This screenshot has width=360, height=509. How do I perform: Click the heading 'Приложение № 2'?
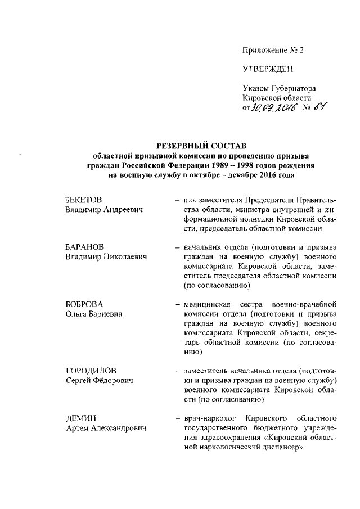[x=272, y=50]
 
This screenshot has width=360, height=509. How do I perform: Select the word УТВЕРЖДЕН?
[x=268, y=70]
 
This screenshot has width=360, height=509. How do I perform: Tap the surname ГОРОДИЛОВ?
[x=91, y=371]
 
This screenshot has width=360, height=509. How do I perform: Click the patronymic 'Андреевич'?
[x=121, y=210]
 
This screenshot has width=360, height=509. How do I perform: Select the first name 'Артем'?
[x=76, y=429]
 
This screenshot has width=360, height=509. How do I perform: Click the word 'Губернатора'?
[x=292, y=89]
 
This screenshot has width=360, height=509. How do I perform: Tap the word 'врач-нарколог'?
[x=208, y=419]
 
